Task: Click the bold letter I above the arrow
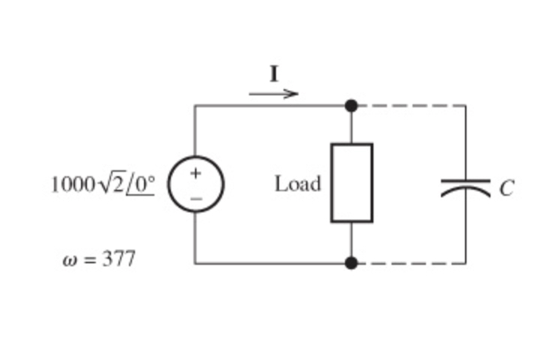pos(274,74)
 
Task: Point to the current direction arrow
pos(274,94)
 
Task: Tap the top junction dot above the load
pos(351,106)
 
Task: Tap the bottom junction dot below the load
pos(351,263)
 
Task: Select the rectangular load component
pos(352,183)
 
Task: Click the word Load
pos(298,184)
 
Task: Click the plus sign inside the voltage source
pos(195,173)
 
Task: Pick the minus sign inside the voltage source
pos(195,198)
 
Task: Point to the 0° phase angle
pos(142,184)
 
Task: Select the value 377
pos(119,260)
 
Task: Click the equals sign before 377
pos(89,261)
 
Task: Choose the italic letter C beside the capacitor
pos(507,188)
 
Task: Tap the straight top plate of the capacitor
pos(465,180)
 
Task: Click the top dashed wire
pos(409,106)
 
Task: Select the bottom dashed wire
pos(409,263)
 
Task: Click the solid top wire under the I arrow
pos(274,106)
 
